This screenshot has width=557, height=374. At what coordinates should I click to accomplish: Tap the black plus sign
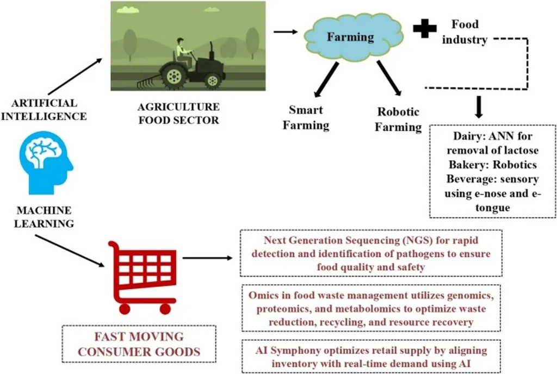[425, 30]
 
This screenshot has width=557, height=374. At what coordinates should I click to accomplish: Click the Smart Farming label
[309, 117]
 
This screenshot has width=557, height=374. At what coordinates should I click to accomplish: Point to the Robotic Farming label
[399, 120]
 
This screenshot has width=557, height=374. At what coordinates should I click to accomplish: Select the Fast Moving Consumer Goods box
[139, 344]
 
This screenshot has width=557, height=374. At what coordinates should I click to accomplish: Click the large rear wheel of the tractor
[174, 76]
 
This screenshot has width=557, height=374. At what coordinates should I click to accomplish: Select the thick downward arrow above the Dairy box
[479, 108]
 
